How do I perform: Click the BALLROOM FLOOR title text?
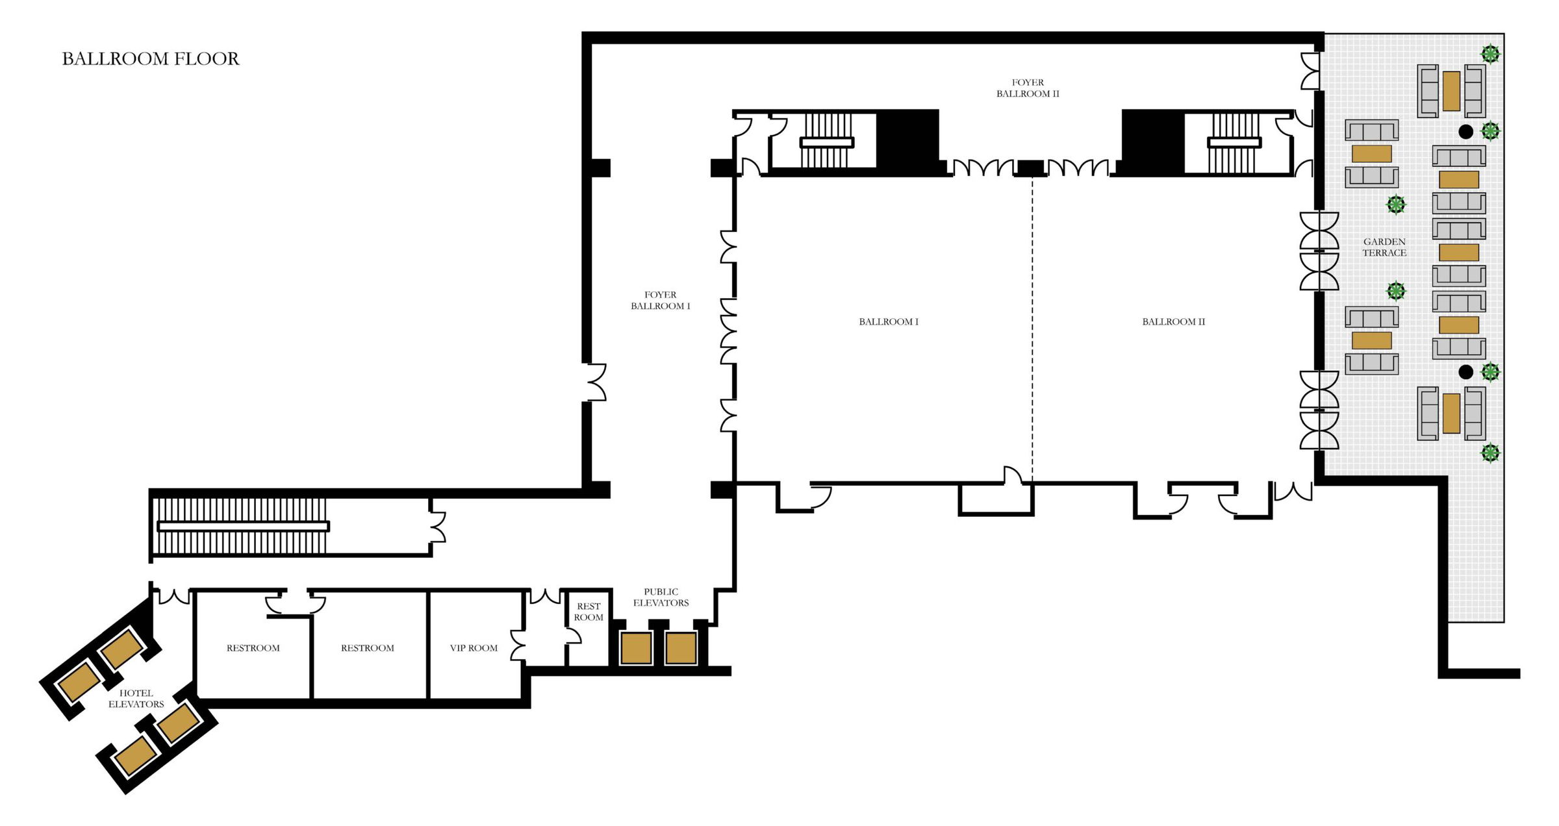[151, 59]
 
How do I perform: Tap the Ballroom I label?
[888, 322]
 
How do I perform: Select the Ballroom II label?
[1173, 322]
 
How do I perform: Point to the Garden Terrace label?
[1384, 247]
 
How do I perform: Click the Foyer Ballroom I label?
[660, 301]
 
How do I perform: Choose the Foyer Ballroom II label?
[1028, 88]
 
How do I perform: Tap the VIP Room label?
[474, 648]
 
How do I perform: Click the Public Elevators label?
[661, 597]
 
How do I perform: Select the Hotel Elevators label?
[136, 699]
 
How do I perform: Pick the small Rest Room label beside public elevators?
[589, 612]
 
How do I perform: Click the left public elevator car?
[636, 647]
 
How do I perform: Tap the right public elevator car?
[681, 647]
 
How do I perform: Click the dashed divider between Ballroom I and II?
[1032, 325]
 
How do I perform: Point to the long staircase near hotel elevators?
[242, 526]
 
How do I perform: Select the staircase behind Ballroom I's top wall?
[826, 142]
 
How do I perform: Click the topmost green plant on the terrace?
[1490, 54]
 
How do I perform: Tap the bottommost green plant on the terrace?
[1490, 453]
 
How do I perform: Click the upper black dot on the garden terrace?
[1465, 132]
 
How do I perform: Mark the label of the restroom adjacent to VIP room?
[367, 648]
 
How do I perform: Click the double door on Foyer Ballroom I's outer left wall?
[596, 382]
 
